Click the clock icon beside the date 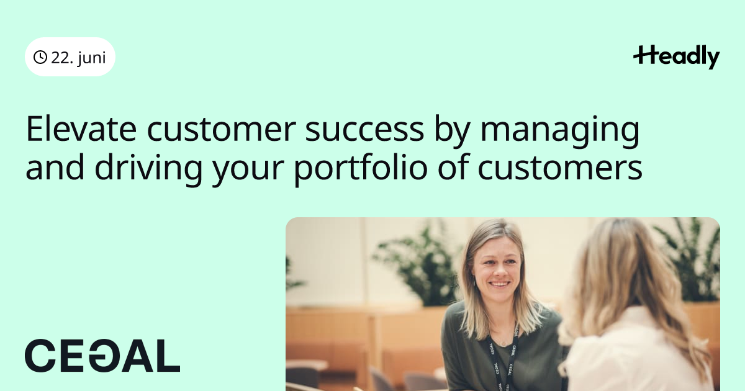(40, 57)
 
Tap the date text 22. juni (78, 58)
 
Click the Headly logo (677, 57)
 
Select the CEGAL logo (102, 356)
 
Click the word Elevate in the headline (81, 129)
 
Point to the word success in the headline (364, 129)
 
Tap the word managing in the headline (560, 132)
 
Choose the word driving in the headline (148, 169)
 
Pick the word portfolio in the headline (361, 169)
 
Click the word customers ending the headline (560, 168)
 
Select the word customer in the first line (221, 129)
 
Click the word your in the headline (248, 169)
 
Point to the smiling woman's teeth (500, 285)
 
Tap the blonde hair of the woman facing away (628, 276)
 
